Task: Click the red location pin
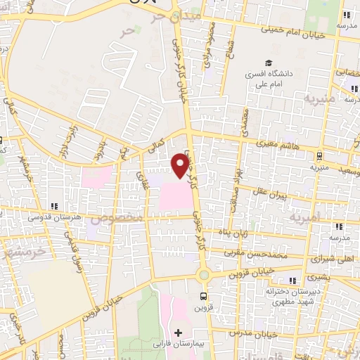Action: [181, 166]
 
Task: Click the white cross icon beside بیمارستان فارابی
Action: [177, 332]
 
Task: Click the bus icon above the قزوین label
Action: [203, 296]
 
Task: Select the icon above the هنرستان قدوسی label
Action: [53, 207]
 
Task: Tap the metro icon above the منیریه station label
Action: [320, 156]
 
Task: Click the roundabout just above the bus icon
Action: [203, 275]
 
